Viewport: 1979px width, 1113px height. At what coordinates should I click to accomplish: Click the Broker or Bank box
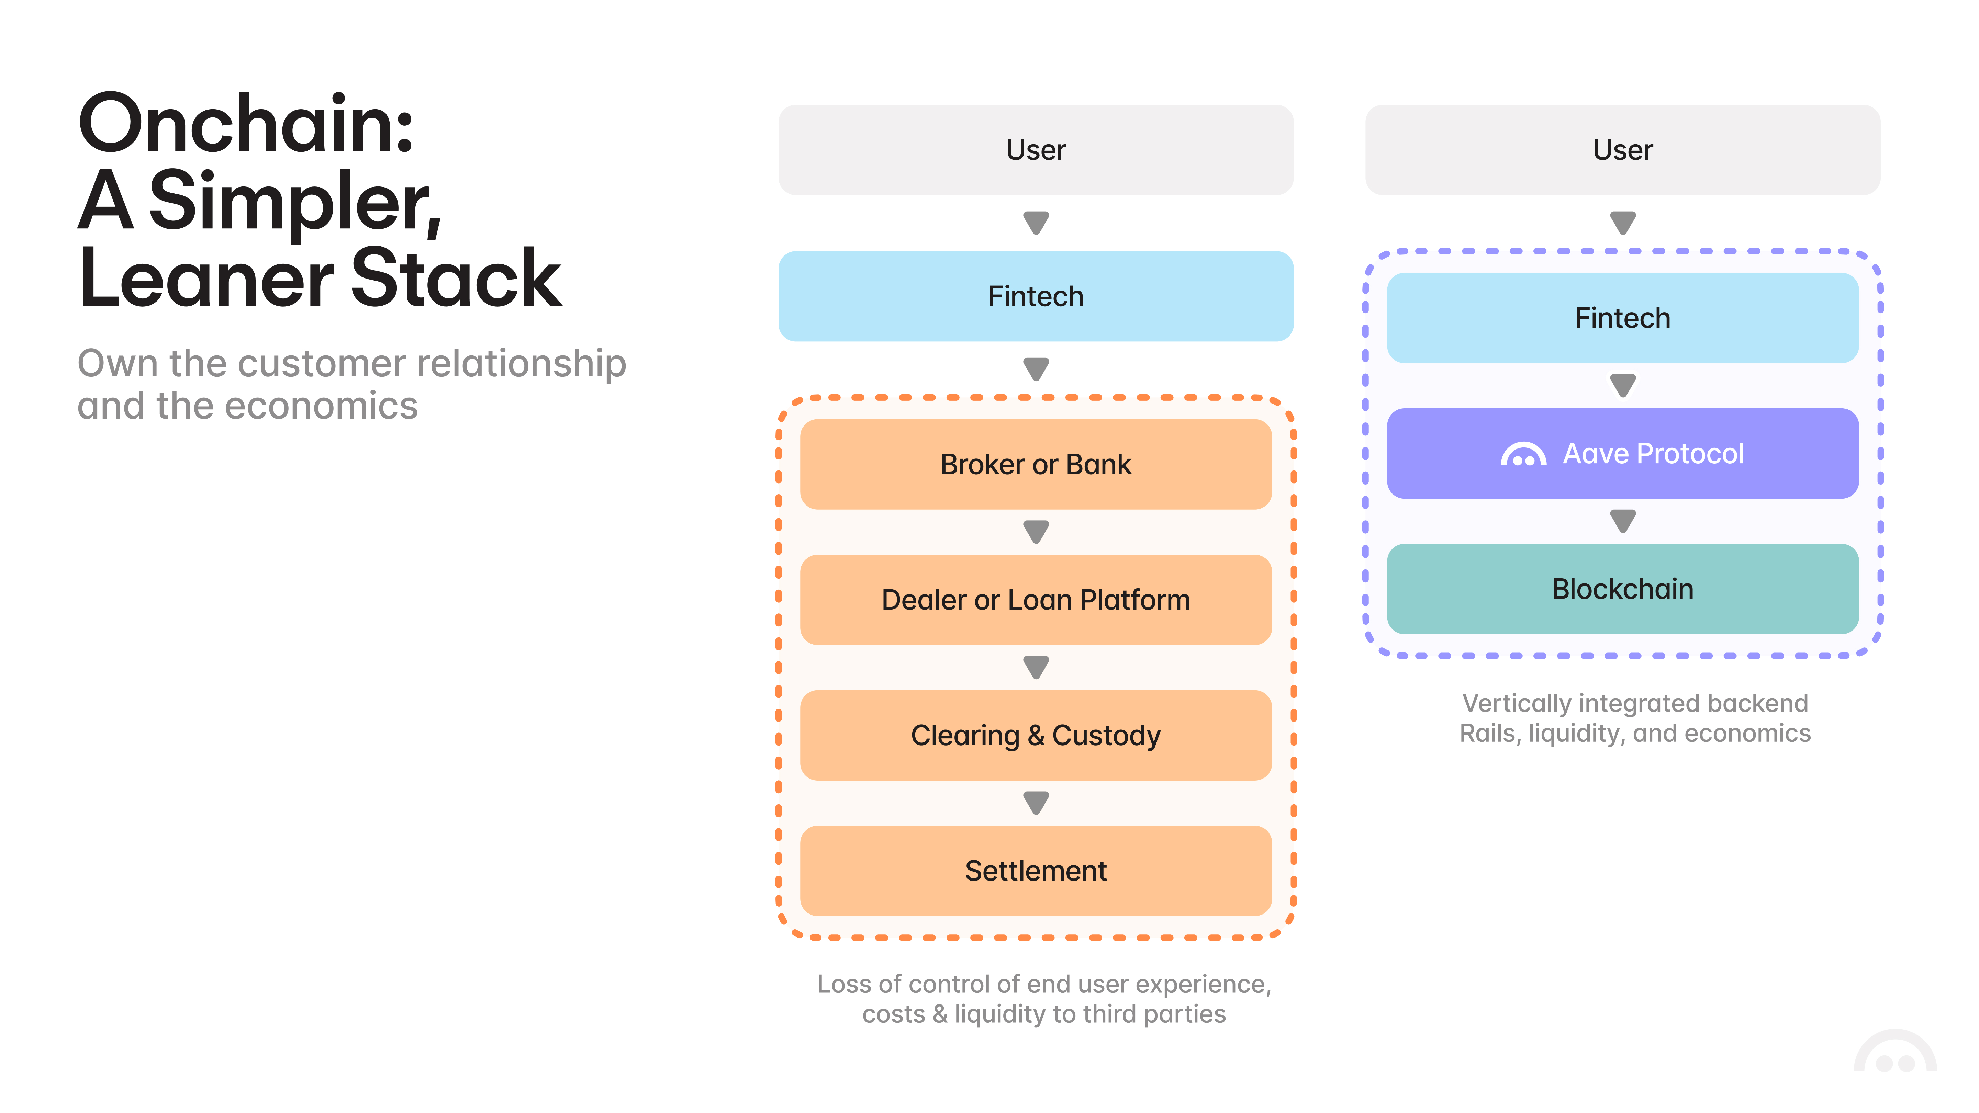click(1036, 464)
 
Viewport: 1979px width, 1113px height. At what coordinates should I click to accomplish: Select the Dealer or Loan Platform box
click(1036, 599)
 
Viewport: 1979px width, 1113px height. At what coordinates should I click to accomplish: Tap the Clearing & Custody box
click(1036, 735)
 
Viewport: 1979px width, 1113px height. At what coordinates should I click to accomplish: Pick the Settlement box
click(1036, 870)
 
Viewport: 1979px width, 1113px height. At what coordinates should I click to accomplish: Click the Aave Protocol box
click(1622, 453)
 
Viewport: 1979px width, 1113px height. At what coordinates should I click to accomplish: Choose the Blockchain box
click(1622, 588)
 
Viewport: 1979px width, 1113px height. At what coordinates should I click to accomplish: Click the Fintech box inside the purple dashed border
click(1622, 317)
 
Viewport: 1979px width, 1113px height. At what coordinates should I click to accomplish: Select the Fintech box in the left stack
click(1036, 296)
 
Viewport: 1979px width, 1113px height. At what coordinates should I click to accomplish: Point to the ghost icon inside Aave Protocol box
click(1523, 455)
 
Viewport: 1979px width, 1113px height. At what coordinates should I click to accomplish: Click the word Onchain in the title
click(246, 123)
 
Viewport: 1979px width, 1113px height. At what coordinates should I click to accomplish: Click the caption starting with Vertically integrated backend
click(1635, 717)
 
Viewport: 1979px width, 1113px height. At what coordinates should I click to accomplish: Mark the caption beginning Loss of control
click(1043, 999)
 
